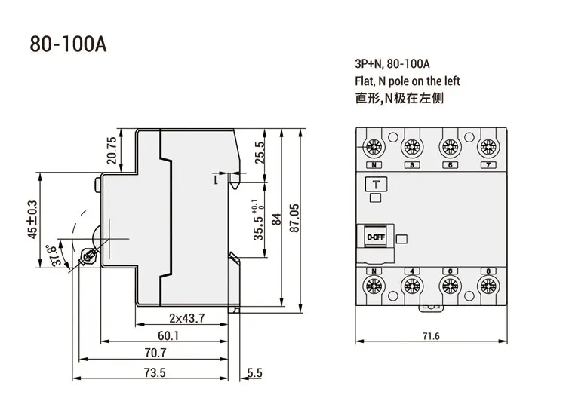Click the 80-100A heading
tap(68, 44)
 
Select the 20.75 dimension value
tap(112, 150)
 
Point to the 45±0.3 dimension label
tap(32, 219)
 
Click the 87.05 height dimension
tap(294, 218)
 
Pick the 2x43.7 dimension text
tap(187, 318)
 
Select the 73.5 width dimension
tap(155, 372)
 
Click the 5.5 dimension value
tap(255, 372)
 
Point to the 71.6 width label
tap(431, 336)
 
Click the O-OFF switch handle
tap(375, 237)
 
